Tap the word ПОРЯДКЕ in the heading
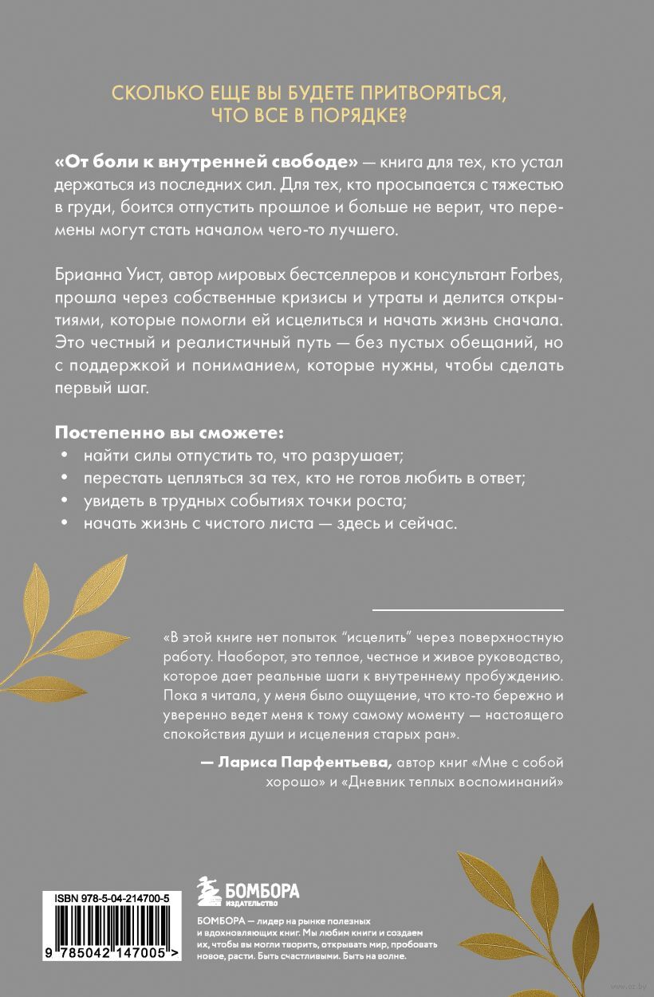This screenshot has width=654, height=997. click(349, 116)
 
